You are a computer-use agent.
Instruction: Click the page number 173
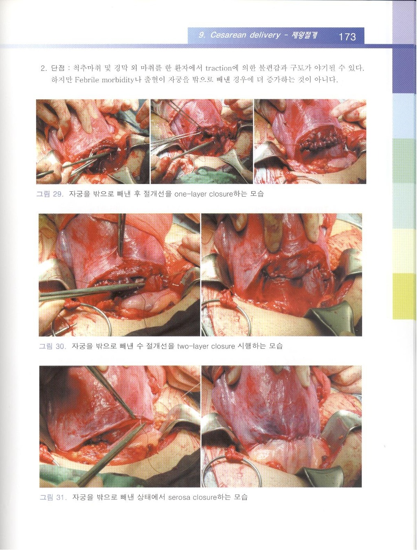pyautogui.click(x=347, y=37)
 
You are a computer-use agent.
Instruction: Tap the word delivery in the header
pyautogui.click(x=264, y=35)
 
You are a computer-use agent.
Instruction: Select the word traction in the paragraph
pyautogui.click(x=218, y=68)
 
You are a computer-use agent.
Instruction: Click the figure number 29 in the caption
pyautogui.click(x=57, y=194)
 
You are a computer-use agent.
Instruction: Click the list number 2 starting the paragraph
pyautogui.click(x=43, y=68)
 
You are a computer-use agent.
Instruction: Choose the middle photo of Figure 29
pyautogui.click(x=202, y=142)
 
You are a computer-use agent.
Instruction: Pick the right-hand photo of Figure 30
pyautogui.click(x=282, y=275)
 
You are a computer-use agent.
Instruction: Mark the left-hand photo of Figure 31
pyautogui.click(x=120, y=427)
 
